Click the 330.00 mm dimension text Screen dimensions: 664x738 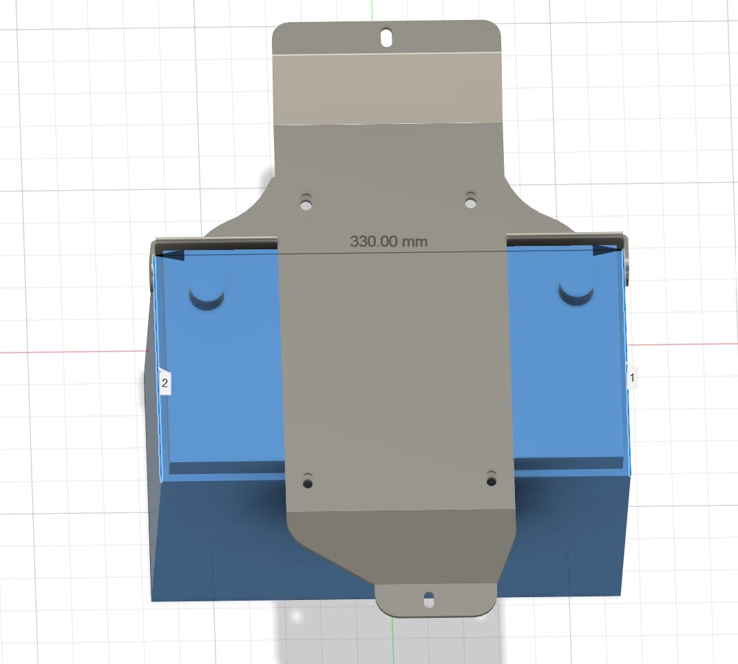click(x=389, y=242)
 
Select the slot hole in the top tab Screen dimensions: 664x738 click(x=387, y=37)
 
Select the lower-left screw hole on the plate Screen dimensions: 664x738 click(x=307, y=481)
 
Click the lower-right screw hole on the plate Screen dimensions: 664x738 click(x=491, y=478)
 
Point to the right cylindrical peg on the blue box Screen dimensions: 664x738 click(x=577, y=287)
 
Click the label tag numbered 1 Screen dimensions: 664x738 click(x=633, y=377)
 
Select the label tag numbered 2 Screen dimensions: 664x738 click(x=165, y=382)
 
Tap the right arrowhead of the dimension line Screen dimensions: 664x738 click(x=606, y=250)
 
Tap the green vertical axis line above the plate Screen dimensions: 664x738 click(x=372, y=10)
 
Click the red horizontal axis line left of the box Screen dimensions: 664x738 click(x=69, y=352)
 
